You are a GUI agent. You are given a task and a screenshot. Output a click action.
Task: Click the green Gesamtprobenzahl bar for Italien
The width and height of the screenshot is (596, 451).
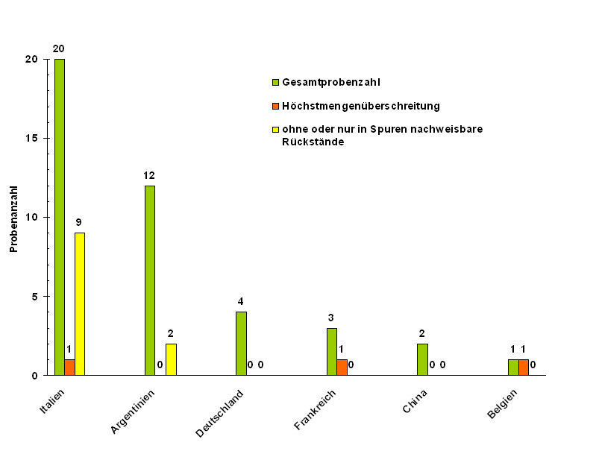point(60,216)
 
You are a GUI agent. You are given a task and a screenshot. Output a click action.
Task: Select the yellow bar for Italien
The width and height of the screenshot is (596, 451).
point(80,304)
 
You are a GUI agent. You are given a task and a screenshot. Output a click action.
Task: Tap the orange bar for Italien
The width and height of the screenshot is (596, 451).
point(69,368)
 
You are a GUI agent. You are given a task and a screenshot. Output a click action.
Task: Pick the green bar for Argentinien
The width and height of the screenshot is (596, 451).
point(150,280)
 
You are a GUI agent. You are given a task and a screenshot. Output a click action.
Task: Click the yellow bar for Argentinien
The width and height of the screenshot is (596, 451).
point(171,359)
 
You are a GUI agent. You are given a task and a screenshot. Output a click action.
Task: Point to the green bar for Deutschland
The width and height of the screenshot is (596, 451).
point(241,344)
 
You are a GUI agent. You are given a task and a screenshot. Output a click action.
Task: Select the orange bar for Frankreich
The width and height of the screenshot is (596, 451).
point(342,368)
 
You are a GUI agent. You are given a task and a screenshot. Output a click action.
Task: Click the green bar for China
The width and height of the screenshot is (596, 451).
point(422,359)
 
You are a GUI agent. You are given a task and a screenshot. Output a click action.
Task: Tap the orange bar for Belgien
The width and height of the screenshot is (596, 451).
point(524,368)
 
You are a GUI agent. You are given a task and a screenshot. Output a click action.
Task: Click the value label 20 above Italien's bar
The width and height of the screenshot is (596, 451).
point(58,48)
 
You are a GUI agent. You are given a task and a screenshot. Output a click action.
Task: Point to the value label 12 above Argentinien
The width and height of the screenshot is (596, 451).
point(149,175)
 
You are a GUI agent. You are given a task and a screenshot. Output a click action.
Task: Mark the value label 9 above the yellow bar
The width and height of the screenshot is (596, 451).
point(78,222)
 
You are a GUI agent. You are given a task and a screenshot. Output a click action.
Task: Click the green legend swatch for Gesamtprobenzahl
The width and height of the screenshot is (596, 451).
point(275,82)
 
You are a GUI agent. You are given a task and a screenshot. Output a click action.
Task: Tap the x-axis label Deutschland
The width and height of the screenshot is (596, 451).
point(221,412)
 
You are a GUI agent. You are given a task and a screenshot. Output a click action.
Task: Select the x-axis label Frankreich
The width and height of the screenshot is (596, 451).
point(316,411)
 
